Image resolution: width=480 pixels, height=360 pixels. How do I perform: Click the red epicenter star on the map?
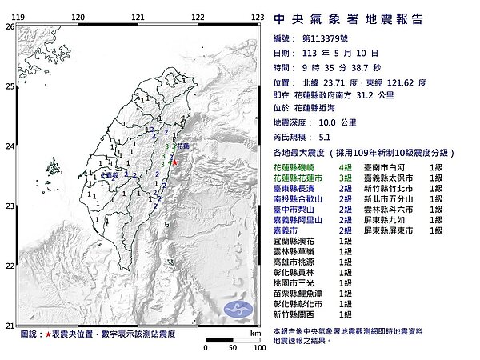click(x=175, y=162)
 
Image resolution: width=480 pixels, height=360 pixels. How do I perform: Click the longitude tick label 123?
click(x=258, y=16)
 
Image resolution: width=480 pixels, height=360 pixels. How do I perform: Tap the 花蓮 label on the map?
click(x=184, y=146)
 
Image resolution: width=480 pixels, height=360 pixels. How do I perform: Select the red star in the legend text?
click(x=50, y=332)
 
